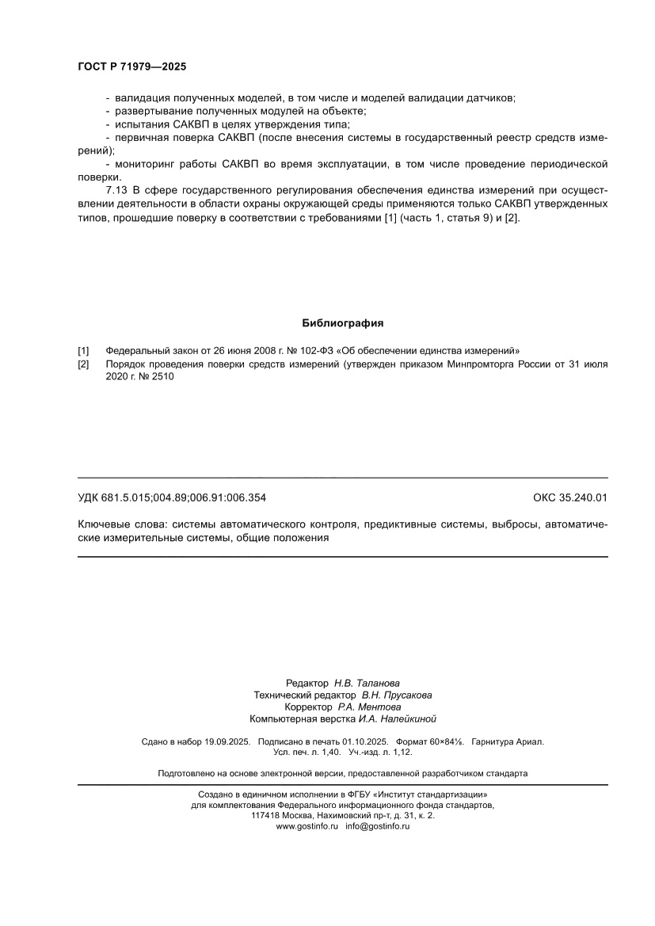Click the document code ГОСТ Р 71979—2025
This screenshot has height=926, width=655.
point(131,67)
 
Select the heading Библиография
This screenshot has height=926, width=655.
point(343,323)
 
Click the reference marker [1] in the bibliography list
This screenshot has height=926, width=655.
point(83,350)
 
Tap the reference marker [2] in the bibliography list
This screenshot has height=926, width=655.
point(83,364)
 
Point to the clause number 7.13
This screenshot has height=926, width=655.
point(117,191)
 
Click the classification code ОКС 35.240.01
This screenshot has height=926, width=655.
point(570,498)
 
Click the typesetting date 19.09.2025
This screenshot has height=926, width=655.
point(227,742)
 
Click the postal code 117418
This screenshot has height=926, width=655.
point(265,815)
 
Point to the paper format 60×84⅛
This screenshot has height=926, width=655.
point(446,742)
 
